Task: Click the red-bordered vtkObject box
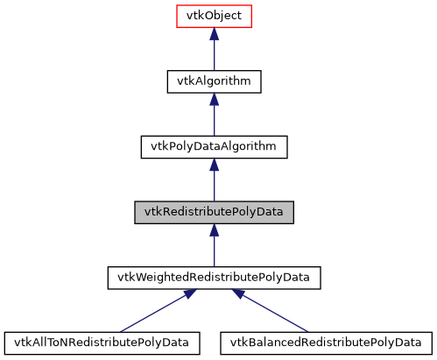215,17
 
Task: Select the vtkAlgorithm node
215,81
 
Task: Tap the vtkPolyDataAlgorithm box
215,146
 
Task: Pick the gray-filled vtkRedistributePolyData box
215,212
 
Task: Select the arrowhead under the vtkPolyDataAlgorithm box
215,165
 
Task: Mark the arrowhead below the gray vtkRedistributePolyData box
215,230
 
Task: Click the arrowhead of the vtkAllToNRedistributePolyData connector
186,295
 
